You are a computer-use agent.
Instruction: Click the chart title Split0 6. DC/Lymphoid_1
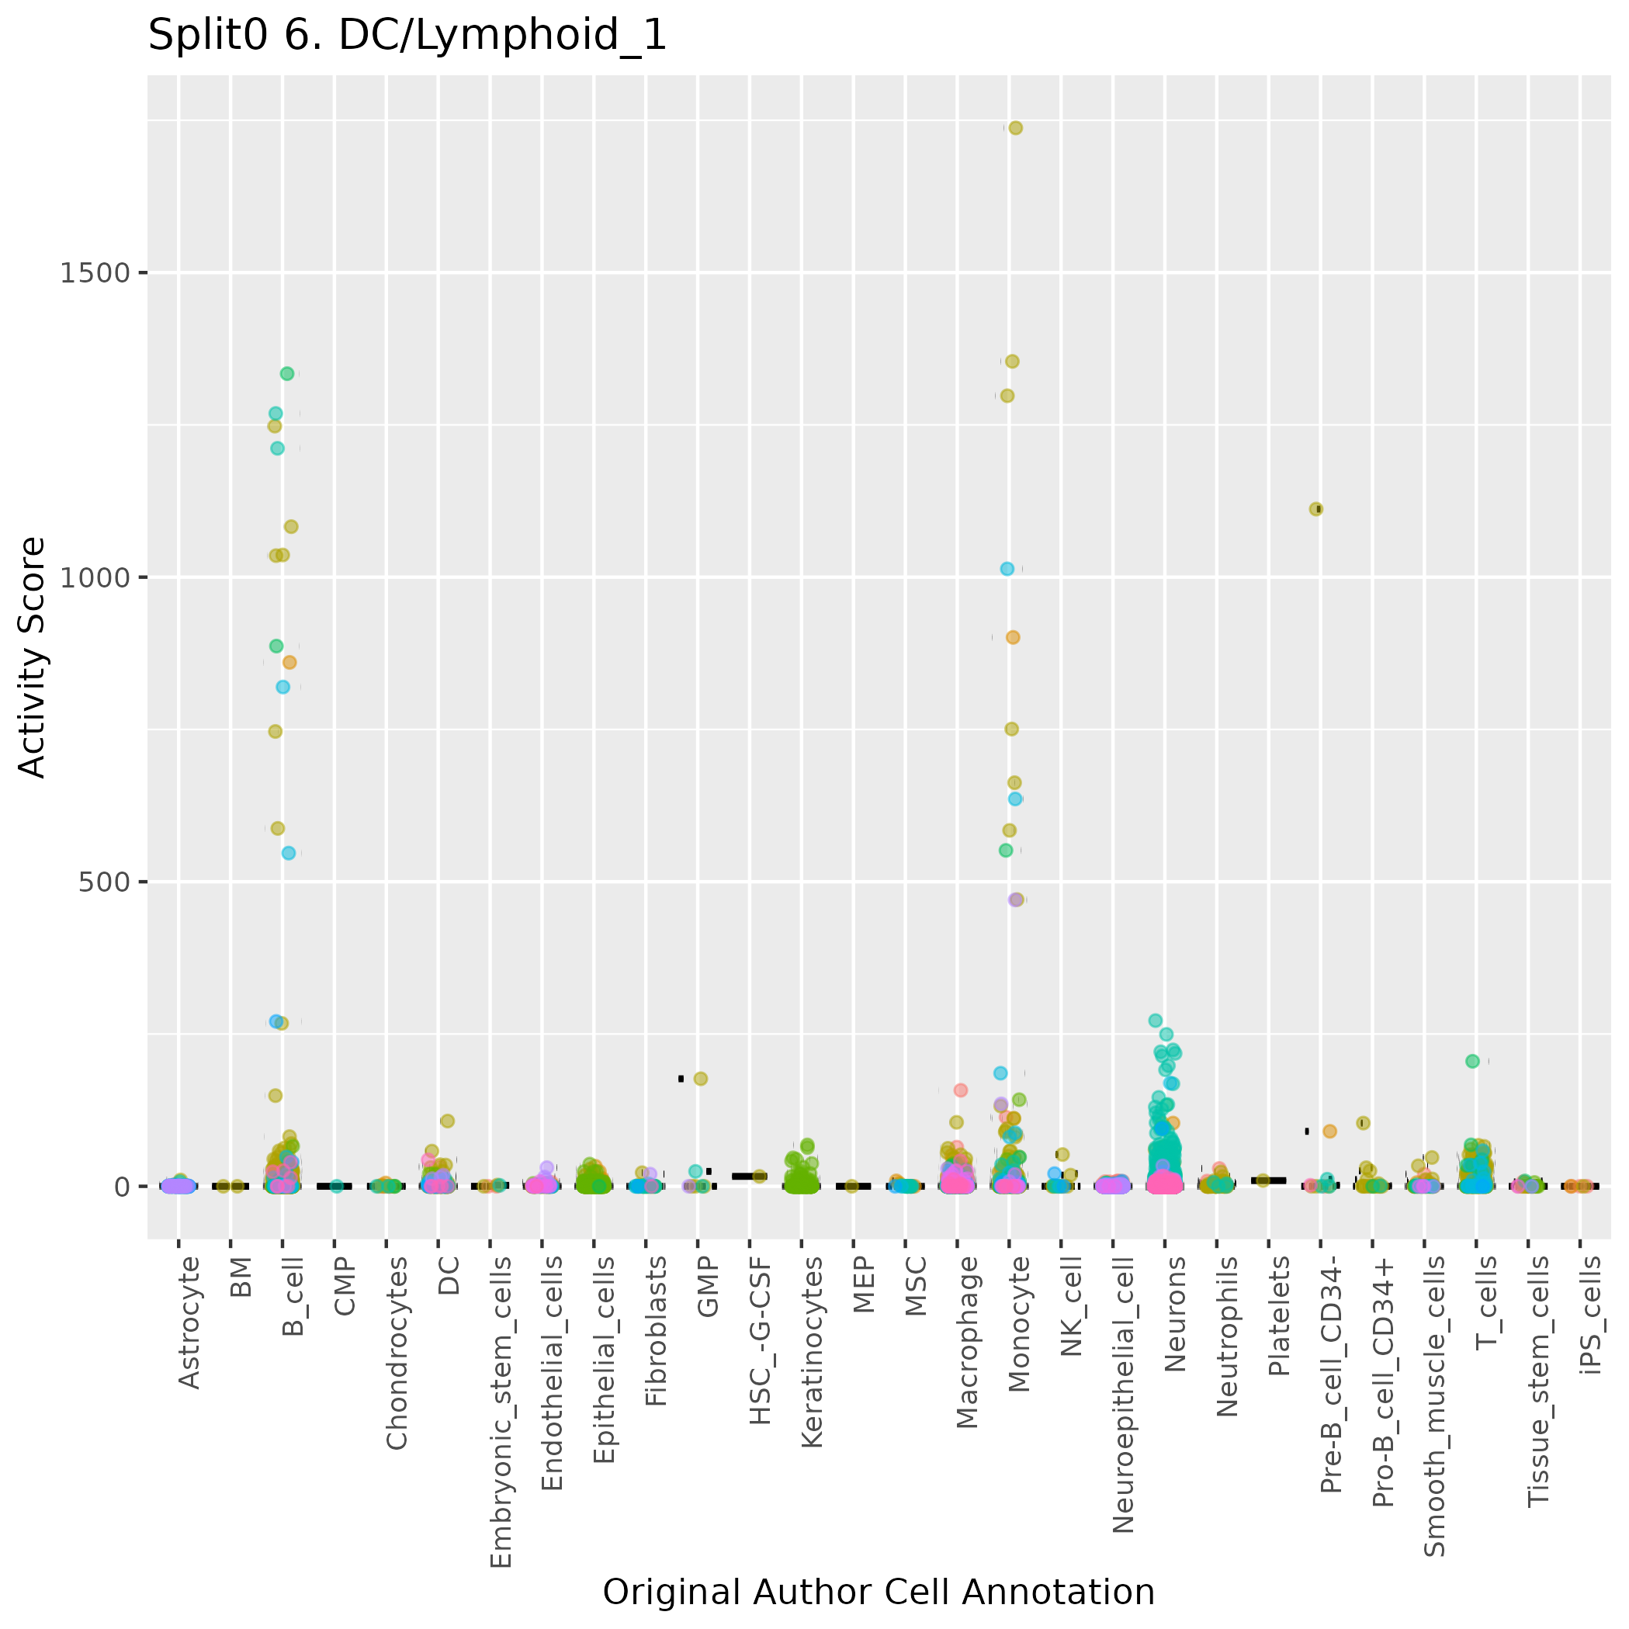pyautogui.click(x=407, y=36)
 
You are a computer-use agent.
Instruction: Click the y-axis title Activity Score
pyautogui.click(x=32, y=657)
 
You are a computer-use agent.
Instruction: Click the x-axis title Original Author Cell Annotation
pyautogui.click(x=878, y=1592)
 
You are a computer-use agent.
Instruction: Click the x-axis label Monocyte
pyautogui.click(x=1018, y=1324)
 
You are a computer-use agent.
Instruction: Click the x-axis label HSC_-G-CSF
pyautogui.click(x=760, y=1340)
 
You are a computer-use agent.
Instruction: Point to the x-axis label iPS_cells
pyautogui.click(x=1590, y=1315)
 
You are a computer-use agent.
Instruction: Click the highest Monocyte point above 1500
pyautogui.click(x=1016, y=128)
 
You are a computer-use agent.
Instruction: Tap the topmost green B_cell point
pyautogui.click(x=286, y=373)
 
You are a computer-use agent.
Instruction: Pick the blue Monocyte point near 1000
pyautogui.click(x=1007, y=569)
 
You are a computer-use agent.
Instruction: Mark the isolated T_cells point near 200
pyautogui.click(x=1472, y=1062)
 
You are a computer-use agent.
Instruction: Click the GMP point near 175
pyautogui.click(x=701, y=1079)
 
